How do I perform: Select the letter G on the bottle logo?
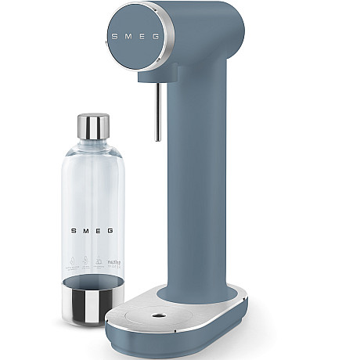pos(110,231)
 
